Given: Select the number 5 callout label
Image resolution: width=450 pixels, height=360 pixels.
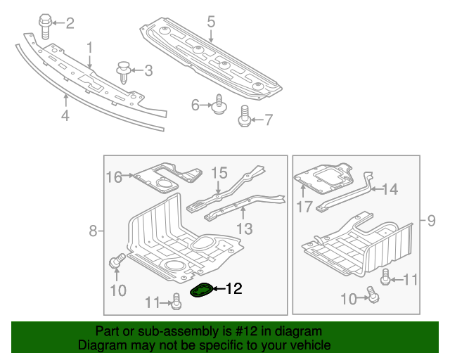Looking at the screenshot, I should click(x=211, y=22).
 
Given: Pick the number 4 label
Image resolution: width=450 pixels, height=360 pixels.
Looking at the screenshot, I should click(x=65, y=115).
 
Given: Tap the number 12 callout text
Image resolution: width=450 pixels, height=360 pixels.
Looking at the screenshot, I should click(x=233, y=288).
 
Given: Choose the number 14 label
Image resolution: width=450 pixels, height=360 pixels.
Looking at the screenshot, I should click(x=390, y=188).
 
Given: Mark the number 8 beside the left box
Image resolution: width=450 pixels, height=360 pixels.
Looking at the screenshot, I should click(x=93, y=231).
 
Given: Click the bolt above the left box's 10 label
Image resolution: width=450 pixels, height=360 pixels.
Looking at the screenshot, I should click(x=115, y=262).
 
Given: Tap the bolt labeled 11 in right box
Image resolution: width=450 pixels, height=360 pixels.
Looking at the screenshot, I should click(x=386, y=278).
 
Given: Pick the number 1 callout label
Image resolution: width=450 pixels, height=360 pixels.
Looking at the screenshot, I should click(x=90, y=47).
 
